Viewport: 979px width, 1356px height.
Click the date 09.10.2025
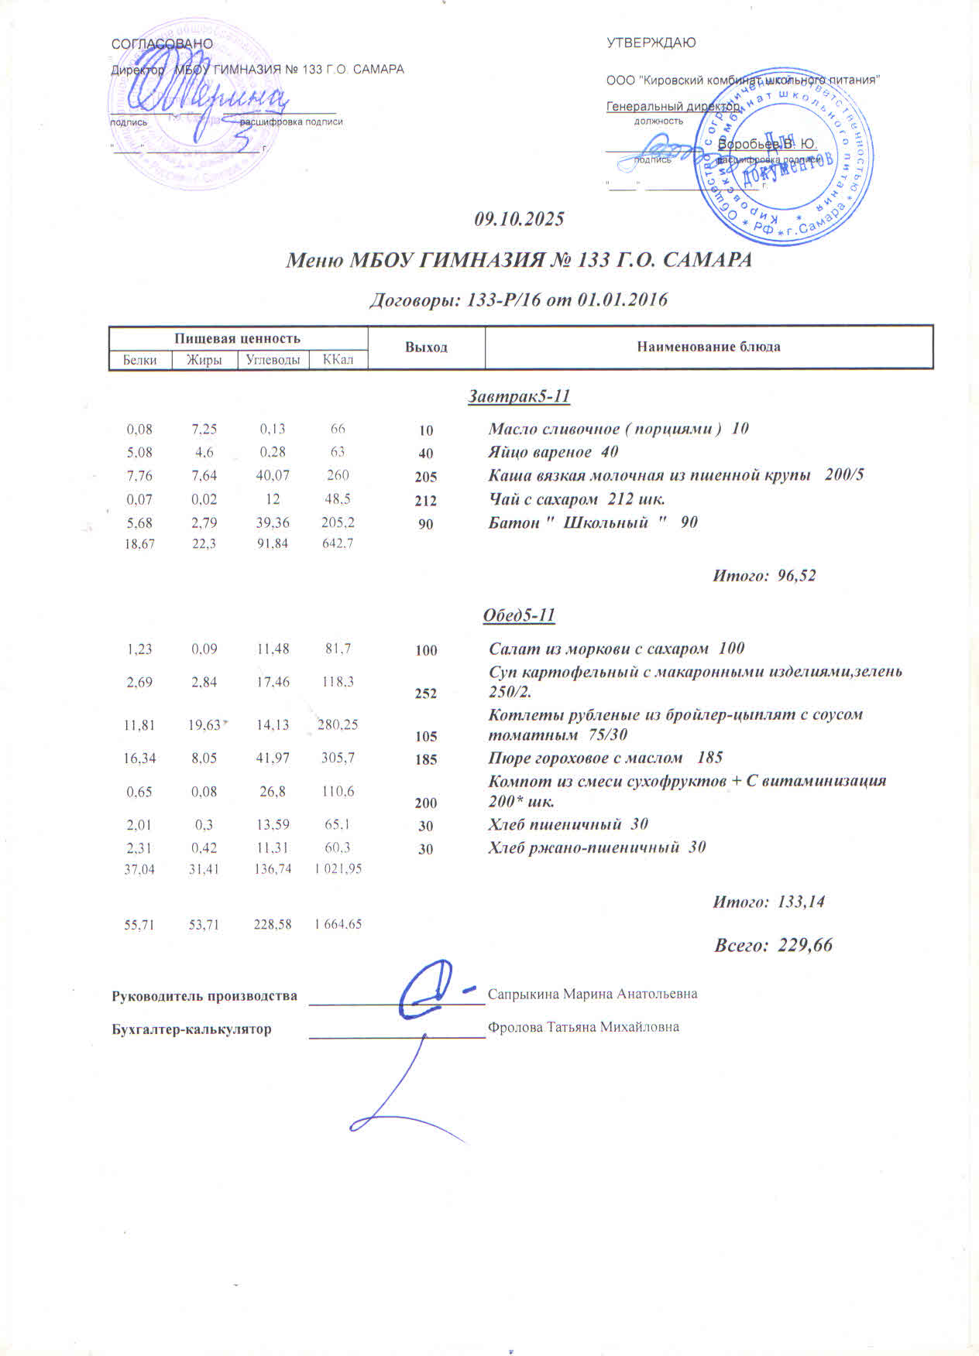[519, 219]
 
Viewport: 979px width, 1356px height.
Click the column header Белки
[139, 360]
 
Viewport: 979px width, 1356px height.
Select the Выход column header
[426, 348]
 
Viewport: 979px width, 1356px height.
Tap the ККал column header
[338, 360]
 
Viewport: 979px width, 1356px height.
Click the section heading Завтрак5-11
[519, 396]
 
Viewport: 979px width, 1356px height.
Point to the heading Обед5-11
[519, 615]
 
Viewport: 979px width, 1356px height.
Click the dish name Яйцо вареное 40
[553, 452]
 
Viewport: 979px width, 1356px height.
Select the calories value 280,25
[338, 725]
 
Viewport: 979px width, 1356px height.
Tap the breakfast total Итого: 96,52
[764, 576]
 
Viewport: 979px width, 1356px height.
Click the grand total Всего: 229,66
[772, 945]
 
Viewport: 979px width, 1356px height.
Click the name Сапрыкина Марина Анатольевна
[593, 994]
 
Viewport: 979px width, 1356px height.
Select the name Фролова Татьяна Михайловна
[583, 1028]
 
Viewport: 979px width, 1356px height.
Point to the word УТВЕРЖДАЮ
[651, 43]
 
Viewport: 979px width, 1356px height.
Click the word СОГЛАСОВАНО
[162, 44]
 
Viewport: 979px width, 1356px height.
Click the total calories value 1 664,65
[338, 924]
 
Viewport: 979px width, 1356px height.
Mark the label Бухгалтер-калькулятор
[191, 1029]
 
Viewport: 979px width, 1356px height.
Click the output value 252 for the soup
[426, 693]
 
